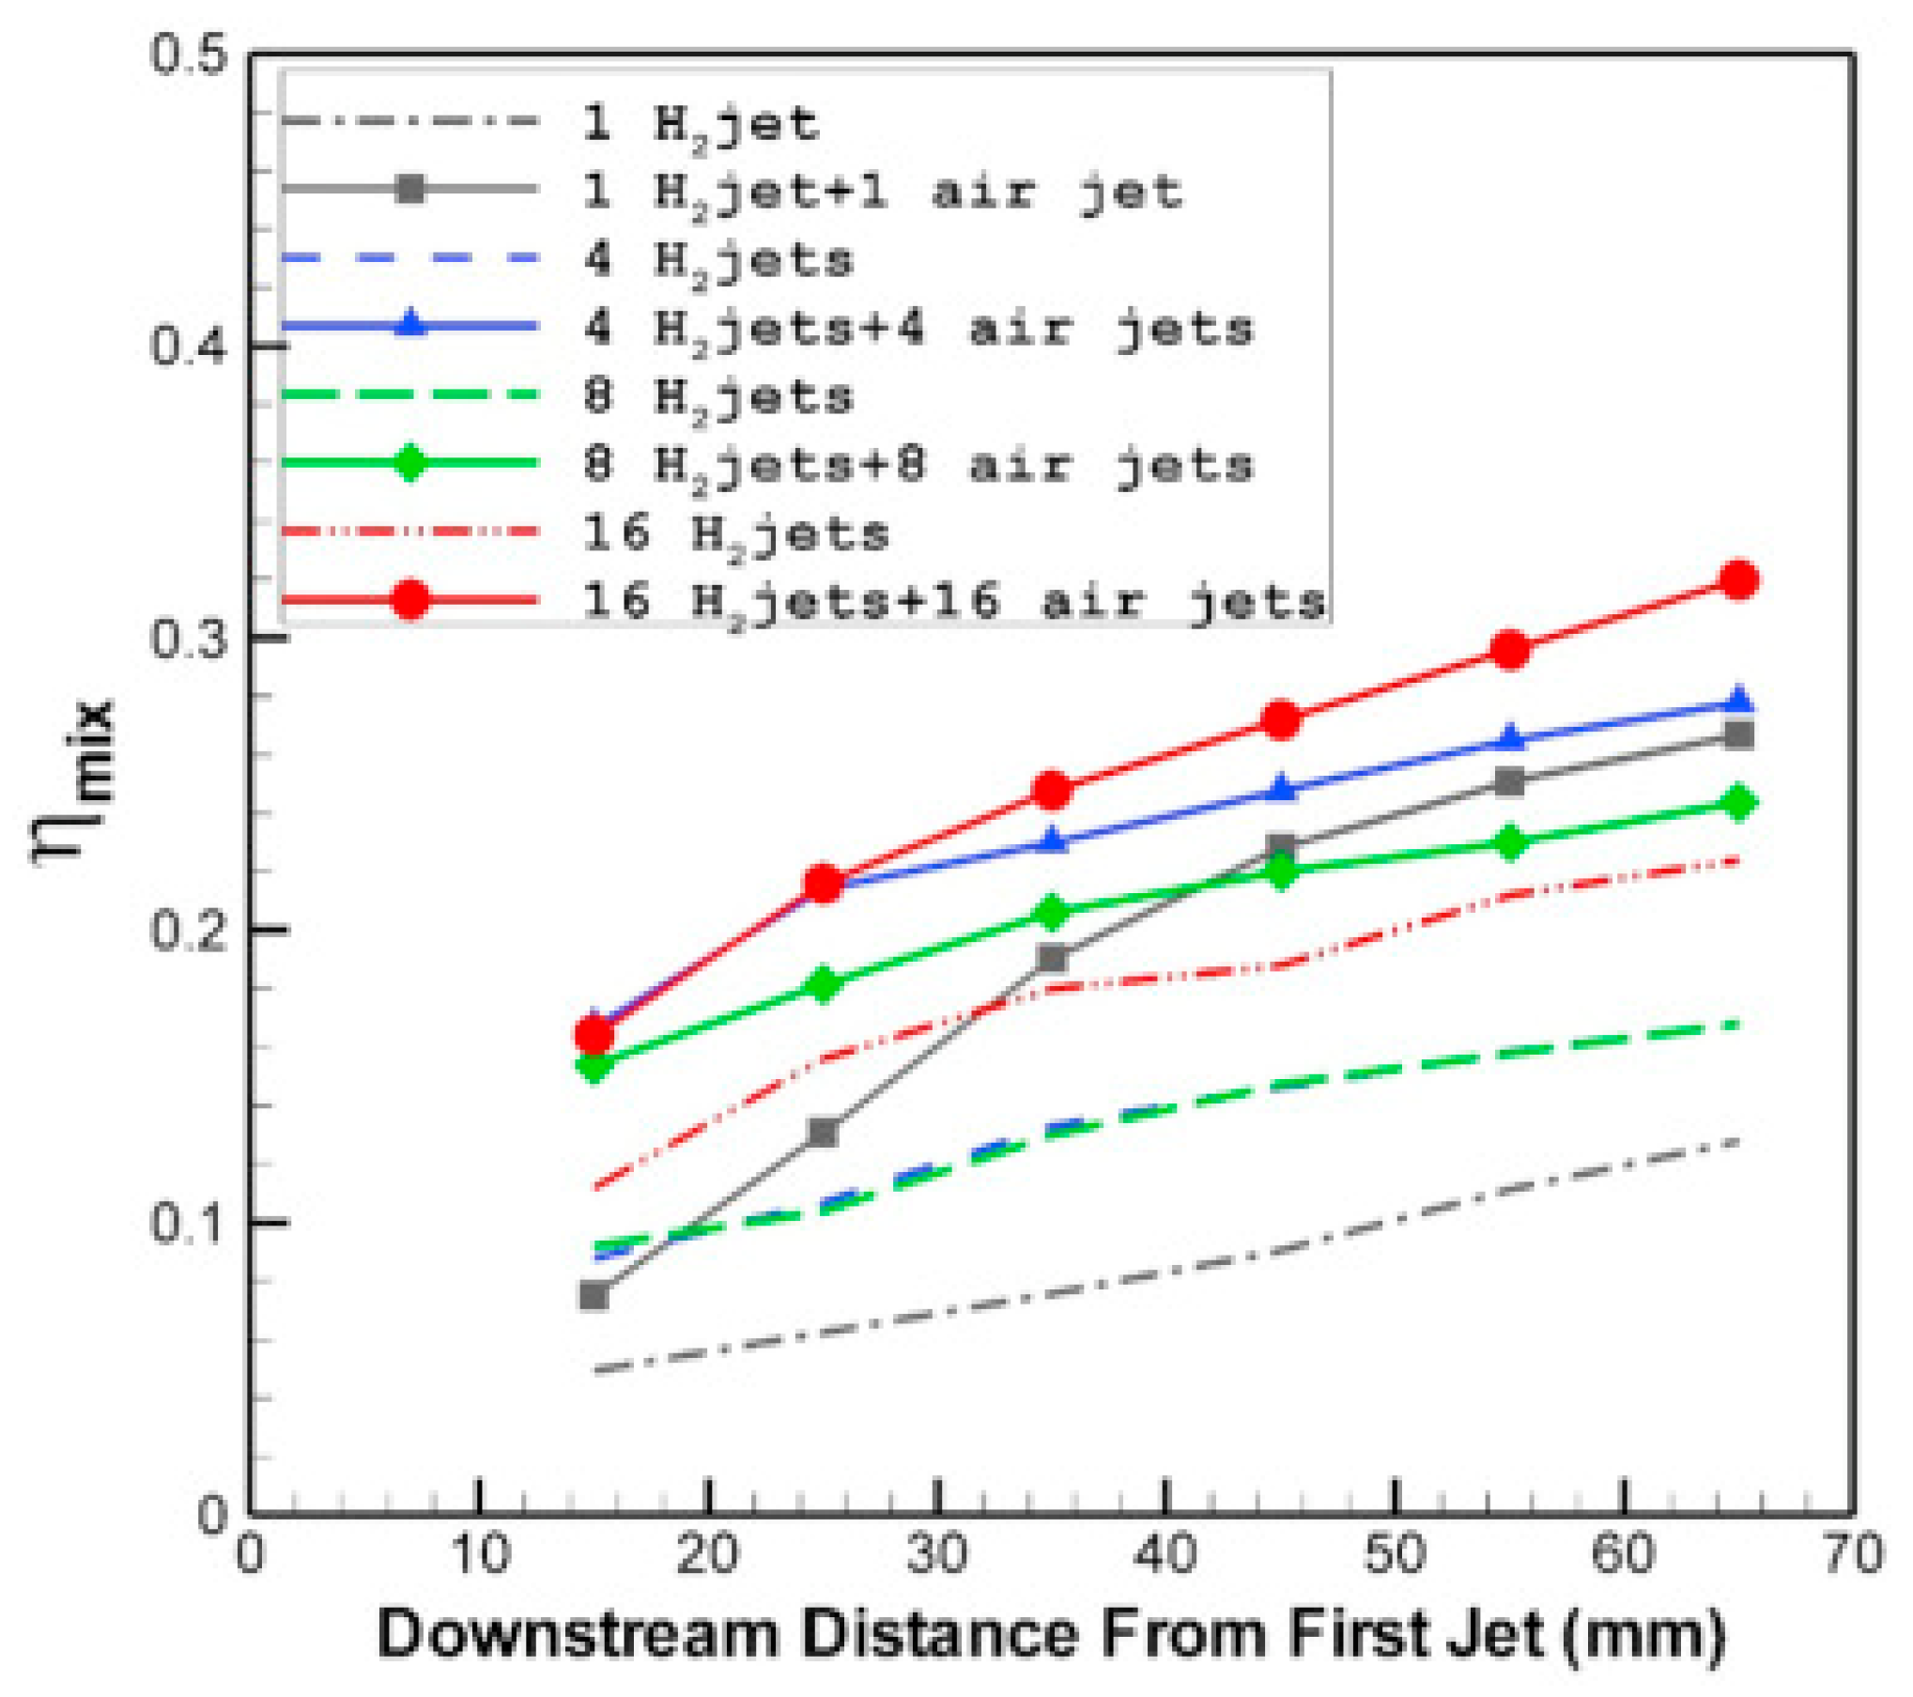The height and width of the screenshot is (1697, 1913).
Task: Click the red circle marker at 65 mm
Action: (x=1738, y=580)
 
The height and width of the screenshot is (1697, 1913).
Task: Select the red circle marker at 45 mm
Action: (x=1281, y=720)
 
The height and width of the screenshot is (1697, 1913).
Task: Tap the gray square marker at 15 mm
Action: (x=594, y=1296)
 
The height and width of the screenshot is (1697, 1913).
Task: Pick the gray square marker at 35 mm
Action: (x=1053, y=959)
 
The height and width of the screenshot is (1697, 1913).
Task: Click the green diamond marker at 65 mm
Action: (x=1738, y=803)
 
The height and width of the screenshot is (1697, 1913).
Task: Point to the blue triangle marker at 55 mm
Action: (x=1510, y=739)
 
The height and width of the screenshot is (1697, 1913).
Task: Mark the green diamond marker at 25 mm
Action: (x=824, y=984)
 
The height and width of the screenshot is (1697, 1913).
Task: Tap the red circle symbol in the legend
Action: (x=410, y=599)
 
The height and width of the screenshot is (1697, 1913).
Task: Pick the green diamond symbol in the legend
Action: (x=410, y=462)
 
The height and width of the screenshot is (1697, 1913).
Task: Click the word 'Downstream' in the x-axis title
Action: (x=579, y=1635)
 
